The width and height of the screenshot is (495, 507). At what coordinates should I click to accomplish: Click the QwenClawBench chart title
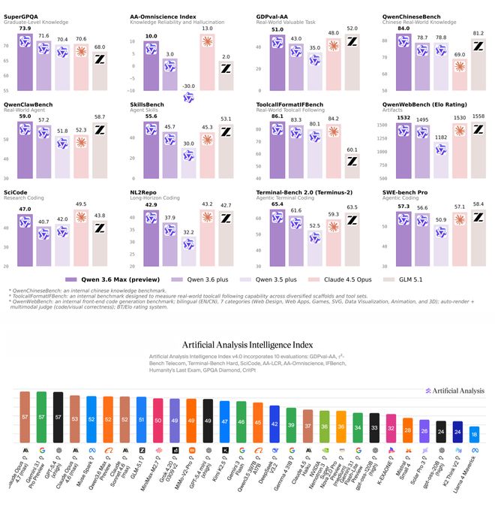coord(31,106)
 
